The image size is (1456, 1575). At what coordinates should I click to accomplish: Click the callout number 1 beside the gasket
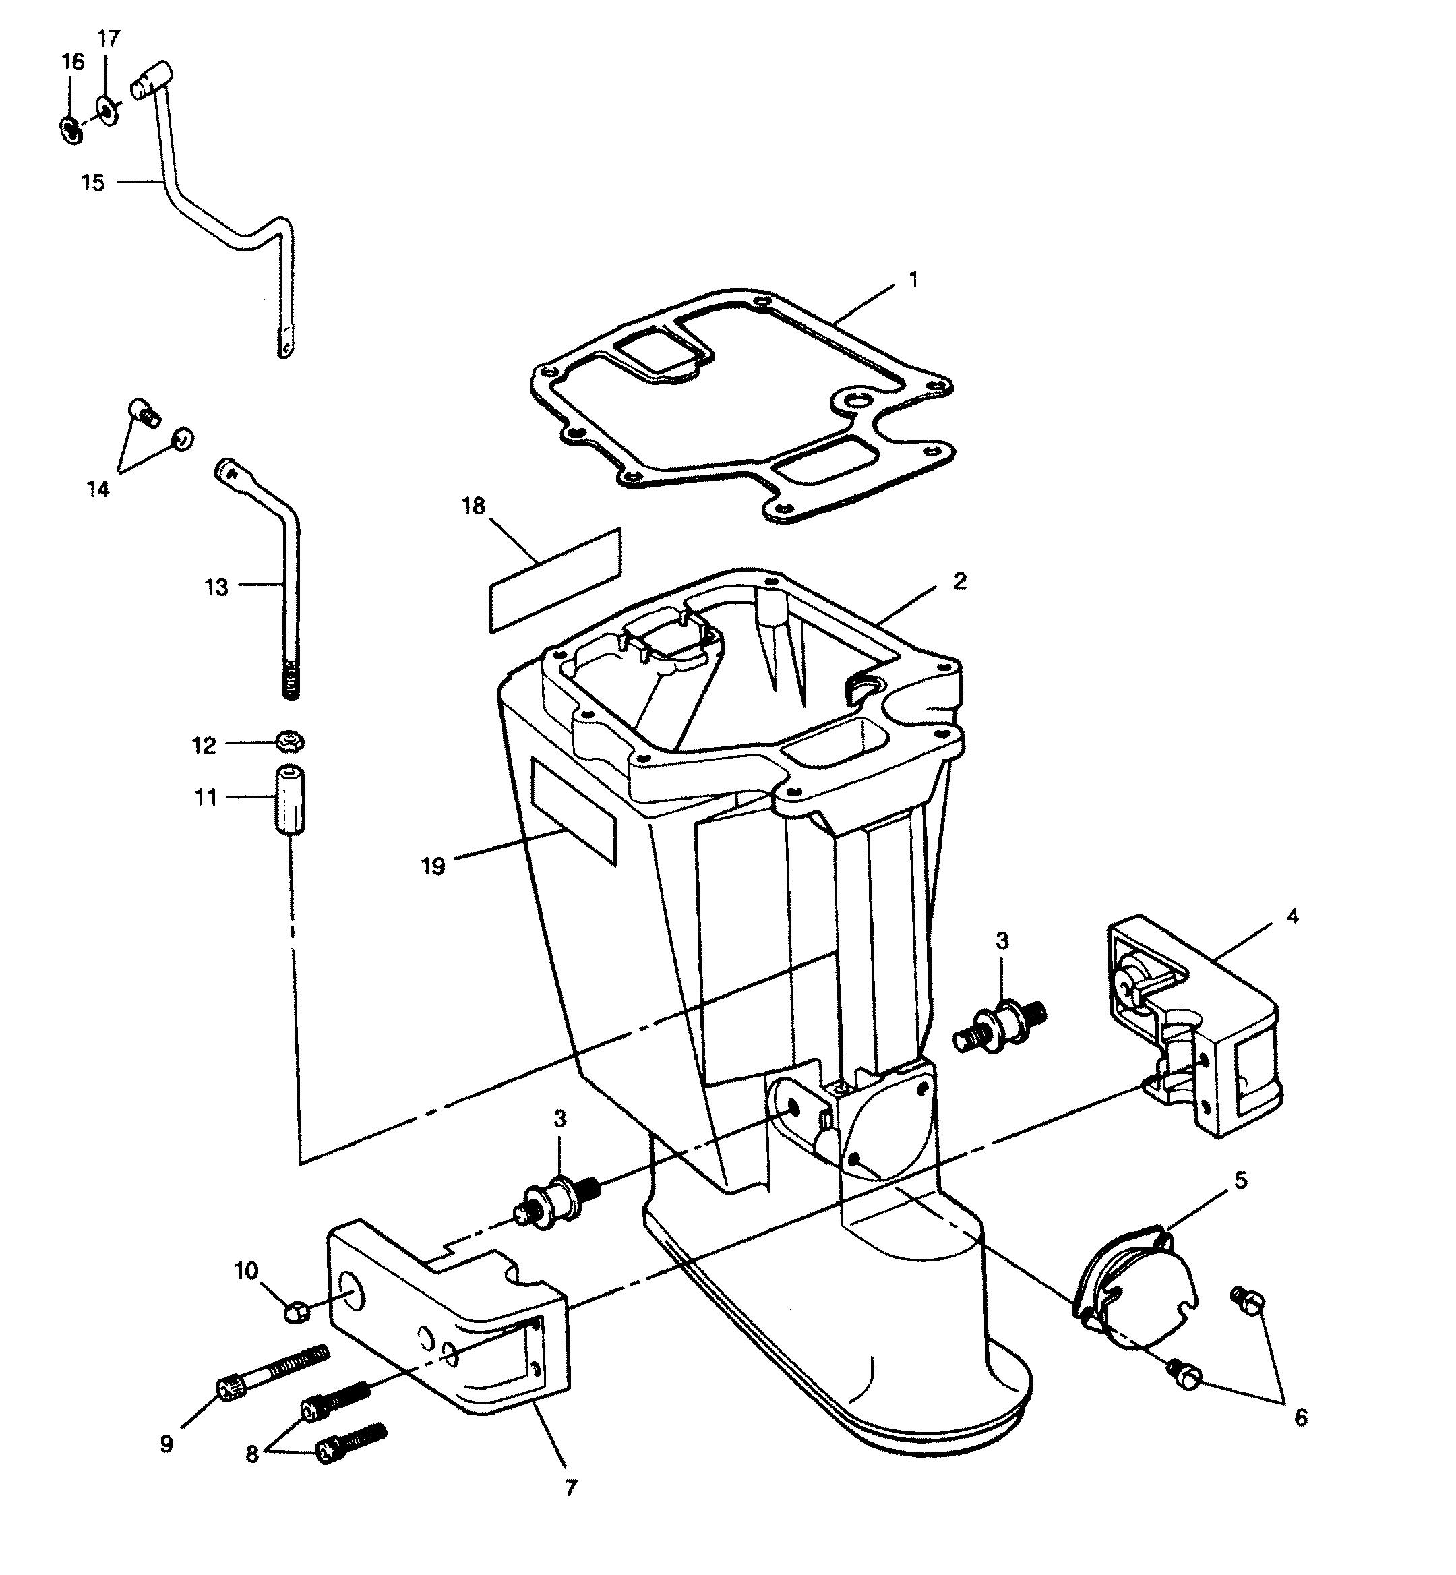pos(913,280)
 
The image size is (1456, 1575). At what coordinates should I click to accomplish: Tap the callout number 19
pos(433,866)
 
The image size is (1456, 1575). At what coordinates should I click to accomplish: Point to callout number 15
pos(93,183)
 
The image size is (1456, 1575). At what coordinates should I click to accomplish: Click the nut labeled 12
pos(290,742)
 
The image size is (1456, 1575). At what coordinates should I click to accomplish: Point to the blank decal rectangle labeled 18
pos(555,580)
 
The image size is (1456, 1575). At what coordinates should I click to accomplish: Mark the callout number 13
pos(216,587)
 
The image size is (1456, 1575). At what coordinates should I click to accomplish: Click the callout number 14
pos(98,489)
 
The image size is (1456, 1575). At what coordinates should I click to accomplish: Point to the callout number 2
pos(959,581)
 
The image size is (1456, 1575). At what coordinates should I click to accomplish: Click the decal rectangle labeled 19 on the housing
pos(574,812)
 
